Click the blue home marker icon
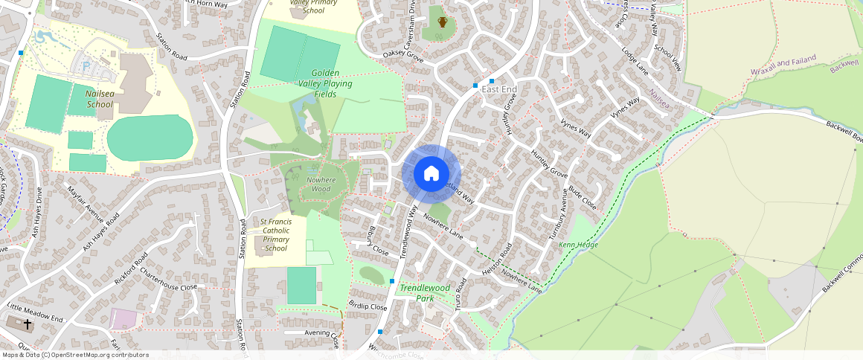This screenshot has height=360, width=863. (x=431, y=174)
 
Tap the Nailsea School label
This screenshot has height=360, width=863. (x=99, y=100)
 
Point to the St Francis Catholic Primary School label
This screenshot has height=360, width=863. (x=275, y=234)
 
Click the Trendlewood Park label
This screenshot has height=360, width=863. (x=425, y=293)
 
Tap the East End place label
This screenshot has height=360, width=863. (x=499, y=89)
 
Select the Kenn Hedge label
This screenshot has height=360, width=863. (x=578, y=244)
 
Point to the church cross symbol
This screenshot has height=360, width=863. (x=28, y=324)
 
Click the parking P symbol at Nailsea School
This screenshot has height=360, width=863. (x=86, y=66)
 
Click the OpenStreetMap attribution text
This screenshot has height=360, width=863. (x=74, y=355)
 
